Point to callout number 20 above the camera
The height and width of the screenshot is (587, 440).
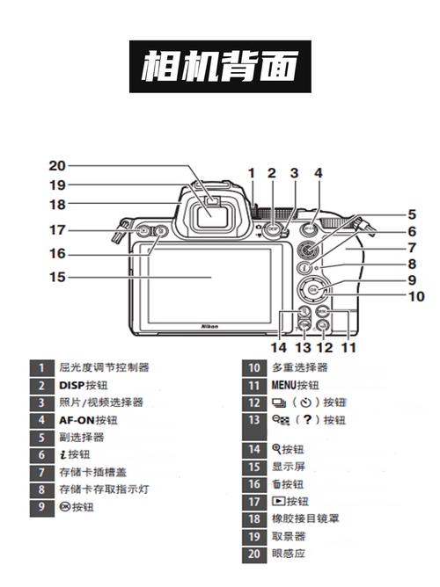pos(57,165)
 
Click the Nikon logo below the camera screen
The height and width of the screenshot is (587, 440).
pos(210,325)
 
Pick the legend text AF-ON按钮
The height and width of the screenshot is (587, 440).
pos(88,420)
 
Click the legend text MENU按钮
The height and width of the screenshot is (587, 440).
pos(296,385)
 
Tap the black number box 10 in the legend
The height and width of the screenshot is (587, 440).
pos(253,368)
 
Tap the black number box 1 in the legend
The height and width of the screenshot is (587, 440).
pos(40,368)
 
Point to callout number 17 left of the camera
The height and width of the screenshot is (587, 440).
pos(57,230)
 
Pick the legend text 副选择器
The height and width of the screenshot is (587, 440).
pos(82,437)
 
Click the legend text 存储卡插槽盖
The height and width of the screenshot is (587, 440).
pos(93,472)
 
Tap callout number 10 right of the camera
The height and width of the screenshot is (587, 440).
pos(415,297)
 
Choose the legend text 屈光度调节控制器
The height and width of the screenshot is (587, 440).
pos(104,368)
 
